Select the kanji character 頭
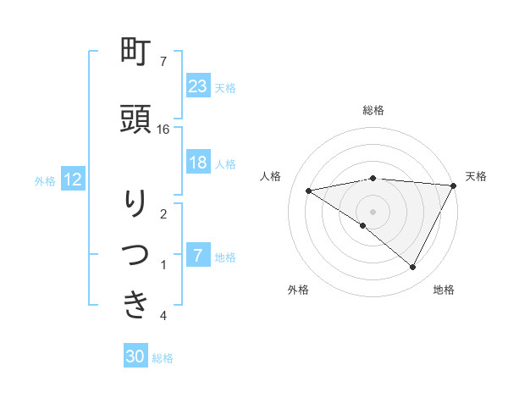pos(136,119)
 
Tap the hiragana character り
pos(136,203)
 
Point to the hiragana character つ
pos(136,254)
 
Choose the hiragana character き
pos(136,305)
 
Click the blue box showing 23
pos(197,86)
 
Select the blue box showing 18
pos(197,163)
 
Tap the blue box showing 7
pos(197,256)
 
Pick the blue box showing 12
pos(73,180)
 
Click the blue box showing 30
pos(135,357)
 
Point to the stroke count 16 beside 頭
pos(163,129)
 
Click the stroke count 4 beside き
pos(163,316)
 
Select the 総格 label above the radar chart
pos(373,110)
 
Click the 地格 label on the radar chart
pos(444,290)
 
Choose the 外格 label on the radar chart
pos(298,290)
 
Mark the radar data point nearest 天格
pos(455,185)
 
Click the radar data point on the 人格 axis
pos(308,191)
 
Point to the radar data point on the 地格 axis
pos(413,268)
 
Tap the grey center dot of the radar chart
pos(373,211)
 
